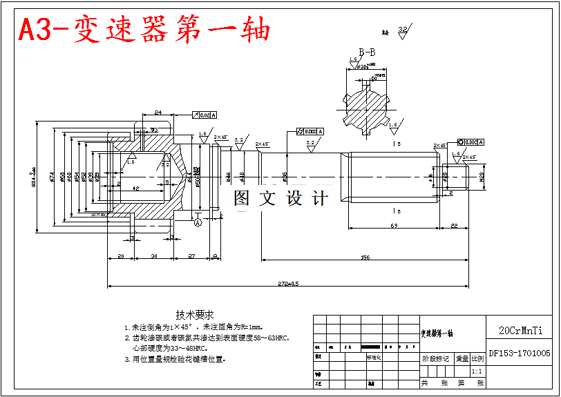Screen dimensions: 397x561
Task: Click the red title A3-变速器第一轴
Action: click(x=144, y=29)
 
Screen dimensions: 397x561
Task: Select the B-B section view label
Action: click(x=367, y=52)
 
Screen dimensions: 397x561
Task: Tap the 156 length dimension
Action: click(x=364, y=258)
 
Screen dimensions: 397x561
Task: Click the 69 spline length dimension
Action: click(x=394, y=226)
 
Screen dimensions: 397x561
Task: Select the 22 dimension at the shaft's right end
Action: click(x=454, y=226)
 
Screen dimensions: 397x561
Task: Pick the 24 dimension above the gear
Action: click(x=158, y=112)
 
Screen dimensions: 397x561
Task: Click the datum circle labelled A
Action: click(x=198, y=222)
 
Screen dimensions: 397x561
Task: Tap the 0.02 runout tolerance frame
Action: click(x=205, y=115)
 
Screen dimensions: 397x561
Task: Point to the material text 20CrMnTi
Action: click(x=520, y=331)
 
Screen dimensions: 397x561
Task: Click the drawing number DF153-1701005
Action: click(x=520, y=354)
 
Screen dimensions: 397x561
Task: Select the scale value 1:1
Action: click(x=477, y=371)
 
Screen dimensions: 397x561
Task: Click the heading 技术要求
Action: click(x=195, y=314)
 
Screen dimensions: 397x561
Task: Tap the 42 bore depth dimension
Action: click(x=135, y=188)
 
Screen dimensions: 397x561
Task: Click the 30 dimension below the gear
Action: click(x=153, y=256)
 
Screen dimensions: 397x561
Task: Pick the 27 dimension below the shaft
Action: click(x=191, y=256)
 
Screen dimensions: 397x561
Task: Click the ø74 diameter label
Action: click(x=53, y=177)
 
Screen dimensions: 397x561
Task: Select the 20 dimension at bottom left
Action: click(x=121, y=256)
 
